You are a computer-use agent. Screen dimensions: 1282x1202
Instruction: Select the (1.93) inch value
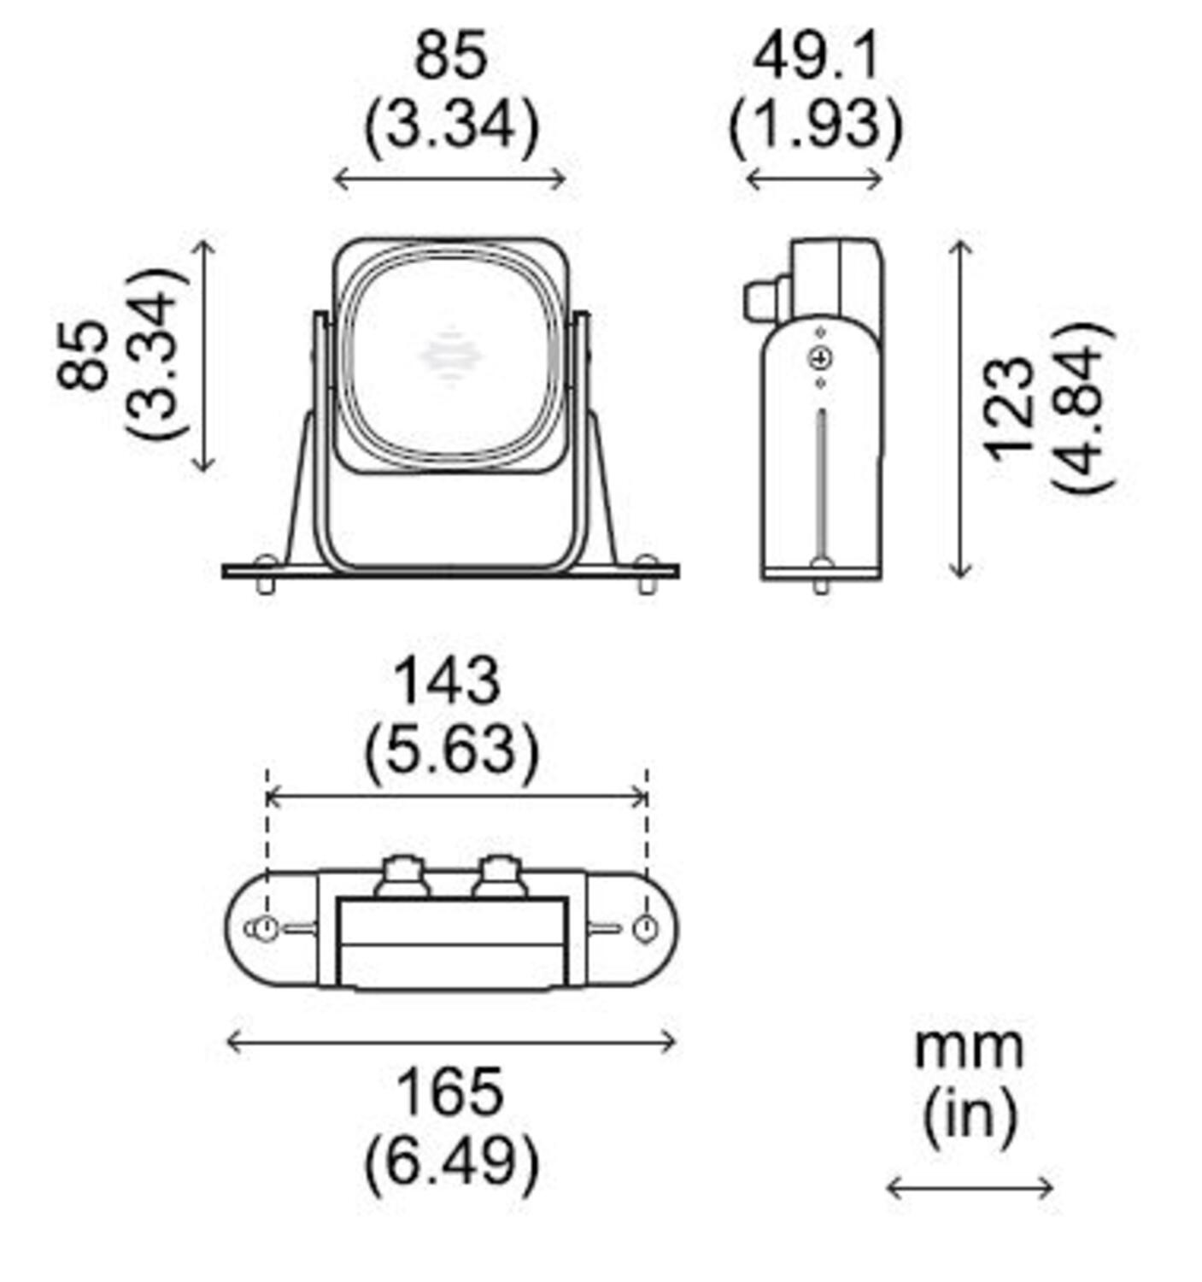(x=815, y=126)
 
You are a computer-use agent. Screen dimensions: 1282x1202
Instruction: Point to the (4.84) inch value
(x=1082, y=409)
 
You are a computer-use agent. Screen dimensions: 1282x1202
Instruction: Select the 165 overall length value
(x=449, y=1092)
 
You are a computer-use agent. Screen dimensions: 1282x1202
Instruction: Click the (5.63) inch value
(x=451, y=750)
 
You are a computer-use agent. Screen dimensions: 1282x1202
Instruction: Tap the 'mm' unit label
(x=968, y=1048)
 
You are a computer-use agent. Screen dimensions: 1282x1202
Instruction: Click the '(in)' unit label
(x=970, y=1115)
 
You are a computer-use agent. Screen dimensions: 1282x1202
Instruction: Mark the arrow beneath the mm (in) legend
(x=970, y=1188)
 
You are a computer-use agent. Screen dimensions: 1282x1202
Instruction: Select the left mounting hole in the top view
(x=266, y=928)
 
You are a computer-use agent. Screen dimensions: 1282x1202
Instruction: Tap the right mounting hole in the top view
(x=646, y=928)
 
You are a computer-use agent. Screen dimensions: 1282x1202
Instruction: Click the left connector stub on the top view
(x=402, y=877)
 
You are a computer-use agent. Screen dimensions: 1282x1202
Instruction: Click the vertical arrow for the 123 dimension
(x=961, y=409)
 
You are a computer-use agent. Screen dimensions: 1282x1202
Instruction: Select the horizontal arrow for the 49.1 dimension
(x=813, y=179)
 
